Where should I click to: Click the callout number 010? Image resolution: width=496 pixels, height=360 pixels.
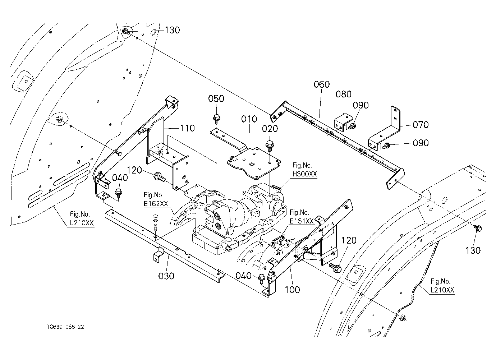[x=249, y=119]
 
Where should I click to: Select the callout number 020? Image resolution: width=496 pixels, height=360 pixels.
[x=270, y=129]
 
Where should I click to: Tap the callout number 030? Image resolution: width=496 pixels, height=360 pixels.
[x=166, y=276]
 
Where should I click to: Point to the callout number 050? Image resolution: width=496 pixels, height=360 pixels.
[x=216, y=98]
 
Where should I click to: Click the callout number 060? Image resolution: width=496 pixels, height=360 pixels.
[x=322, y=84]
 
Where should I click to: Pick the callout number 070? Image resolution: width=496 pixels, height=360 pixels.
[x=421, y=125]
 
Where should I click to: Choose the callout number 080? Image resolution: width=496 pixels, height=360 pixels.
[x=344, y=94]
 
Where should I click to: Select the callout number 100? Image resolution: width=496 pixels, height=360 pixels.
[x=292, y=290]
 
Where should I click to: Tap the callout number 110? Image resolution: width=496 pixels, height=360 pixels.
[x=187, y=128]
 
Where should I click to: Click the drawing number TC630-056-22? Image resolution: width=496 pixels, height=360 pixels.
[x=65, y=327]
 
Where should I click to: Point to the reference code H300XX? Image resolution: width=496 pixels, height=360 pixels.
[x=304, y=174]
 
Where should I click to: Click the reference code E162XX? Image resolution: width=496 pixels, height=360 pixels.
[x=156, y=204]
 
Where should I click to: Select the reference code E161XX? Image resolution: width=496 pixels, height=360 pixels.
[x=302, y=221]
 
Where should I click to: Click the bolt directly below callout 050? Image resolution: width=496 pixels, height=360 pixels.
[x=216, y=120]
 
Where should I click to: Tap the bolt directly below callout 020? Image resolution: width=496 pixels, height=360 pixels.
[x=270, y=146]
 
